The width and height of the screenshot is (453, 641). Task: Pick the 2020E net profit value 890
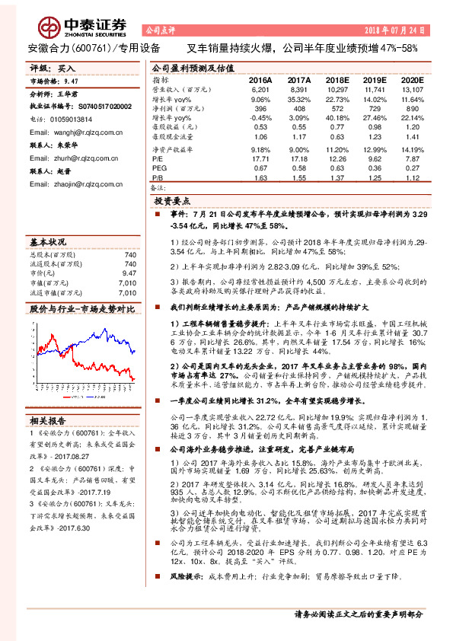[x=410, y=109]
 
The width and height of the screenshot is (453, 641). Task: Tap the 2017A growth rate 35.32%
[x=299, y=99]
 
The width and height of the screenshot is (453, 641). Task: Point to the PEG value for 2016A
[x=260, y=167]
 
